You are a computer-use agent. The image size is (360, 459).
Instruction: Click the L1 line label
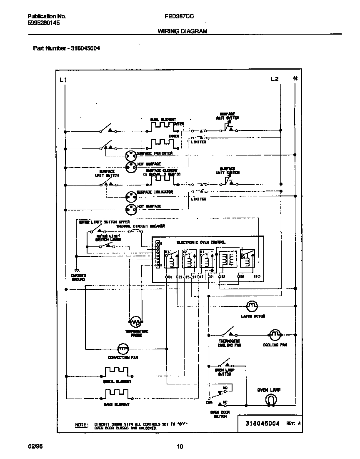[x=63, y=79]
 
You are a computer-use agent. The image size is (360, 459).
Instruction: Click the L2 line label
[x=274, y=79]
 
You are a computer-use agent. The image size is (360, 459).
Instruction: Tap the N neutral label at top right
[x=295, y=78]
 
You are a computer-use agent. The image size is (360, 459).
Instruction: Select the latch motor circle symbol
[x=252, y=306]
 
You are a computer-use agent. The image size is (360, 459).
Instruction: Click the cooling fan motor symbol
[x=275, y=334]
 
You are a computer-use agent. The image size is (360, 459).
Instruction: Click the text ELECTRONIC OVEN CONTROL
[x=201, y=242]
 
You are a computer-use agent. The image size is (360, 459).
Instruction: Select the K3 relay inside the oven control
[x=171, y=259]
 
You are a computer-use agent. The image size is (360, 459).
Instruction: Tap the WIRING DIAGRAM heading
[x=182, y=31]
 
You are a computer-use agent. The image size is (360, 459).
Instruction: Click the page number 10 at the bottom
[x=180, y=447]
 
